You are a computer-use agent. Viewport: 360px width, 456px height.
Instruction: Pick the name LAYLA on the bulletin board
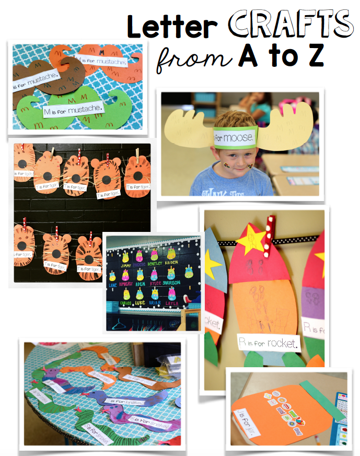tap(171, 303)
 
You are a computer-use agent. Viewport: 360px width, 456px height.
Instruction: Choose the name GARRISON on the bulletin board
tap(171, 283)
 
